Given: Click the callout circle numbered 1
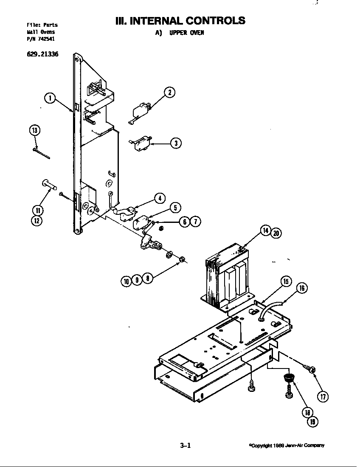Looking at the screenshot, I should tap(50, 98).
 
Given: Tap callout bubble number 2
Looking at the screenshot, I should tap(169, 92).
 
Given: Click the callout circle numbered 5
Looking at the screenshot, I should tap(175, 207).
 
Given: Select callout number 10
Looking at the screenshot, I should tap(127, 280).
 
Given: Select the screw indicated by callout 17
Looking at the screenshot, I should tap(309, 367).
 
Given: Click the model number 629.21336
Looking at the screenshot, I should tap(42, 53).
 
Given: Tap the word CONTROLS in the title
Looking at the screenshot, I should tap(215, 20).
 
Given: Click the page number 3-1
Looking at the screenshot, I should tap(186, 445).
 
